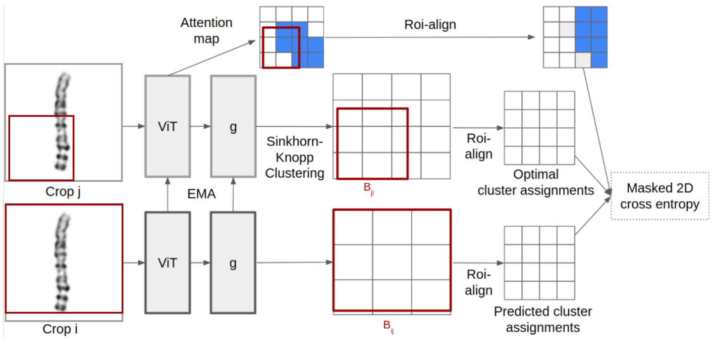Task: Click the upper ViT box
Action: click(168, 126)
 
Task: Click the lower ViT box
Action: click(168, 263)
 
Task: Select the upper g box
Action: click(233, 126)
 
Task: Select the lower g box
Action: click(233, 263)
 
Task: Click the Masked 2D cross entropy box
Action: click(660, 196)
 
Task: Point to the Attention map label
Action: click(206, 30)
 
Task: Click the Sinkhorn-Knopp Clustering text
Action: click(295, 157)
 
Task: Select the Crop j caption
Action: click(63, 192)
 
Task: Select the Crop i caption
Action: click(60, 329)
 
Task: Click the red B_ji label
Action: click(369, 189)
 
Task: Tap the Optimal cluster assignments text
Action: click(535, 182)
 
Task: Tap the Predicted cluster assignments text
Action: click(542, 319)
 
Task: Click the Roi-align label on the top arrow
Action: click(430, 24)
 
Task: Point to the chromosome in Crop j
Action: click(62, 121)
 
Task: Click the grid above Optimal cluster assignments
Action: click(539, 128)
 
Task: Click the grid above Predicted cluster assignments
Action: click(539, 263)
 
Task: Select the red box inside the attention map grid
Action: click(281, 47)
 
